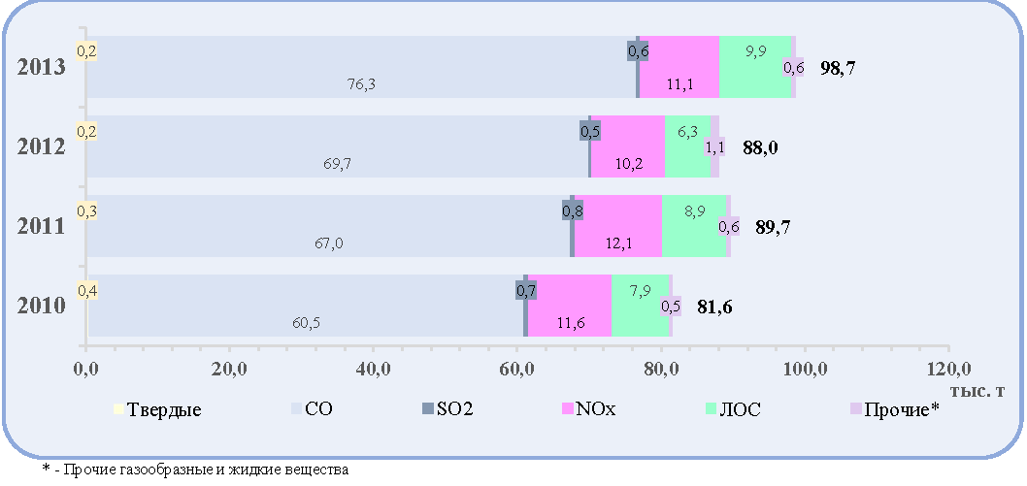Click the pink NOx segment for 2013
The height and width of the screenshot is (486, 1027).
(x=679, y=67)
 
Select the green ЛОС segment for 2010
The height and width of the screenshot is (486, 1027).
(x=640, y=306)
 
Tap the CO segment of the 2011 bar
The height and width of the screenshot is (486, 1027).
(x=329, y=226)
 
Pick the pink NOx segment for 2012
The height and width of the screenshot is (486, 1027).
(x=627, y=146)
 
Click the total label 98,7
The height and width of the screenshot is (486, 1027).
(x=839, y=68)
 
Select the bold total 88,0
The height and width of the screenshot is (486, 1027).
(x=760, y=147)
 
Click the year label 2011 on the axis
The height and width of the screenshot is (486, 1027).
(x=40, y=226)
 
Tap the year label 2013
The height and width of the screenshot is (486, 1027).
(x=40, y=67)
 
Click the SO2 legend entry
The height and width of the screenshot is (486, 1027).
(x=448, y=410)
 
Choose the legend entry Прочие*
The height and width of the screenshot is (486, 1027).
(x=895, y=410)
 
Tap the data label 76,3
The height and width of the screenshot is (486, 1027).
(x=362, y=84)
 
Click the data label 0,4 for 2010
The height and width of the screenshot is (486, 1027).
(x=87, y=290)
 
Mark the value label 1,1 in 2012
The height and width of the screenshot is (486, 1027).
(x=715, y=147)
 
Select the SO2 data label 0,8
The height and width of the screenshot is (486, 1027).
(x=573, y=211)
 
